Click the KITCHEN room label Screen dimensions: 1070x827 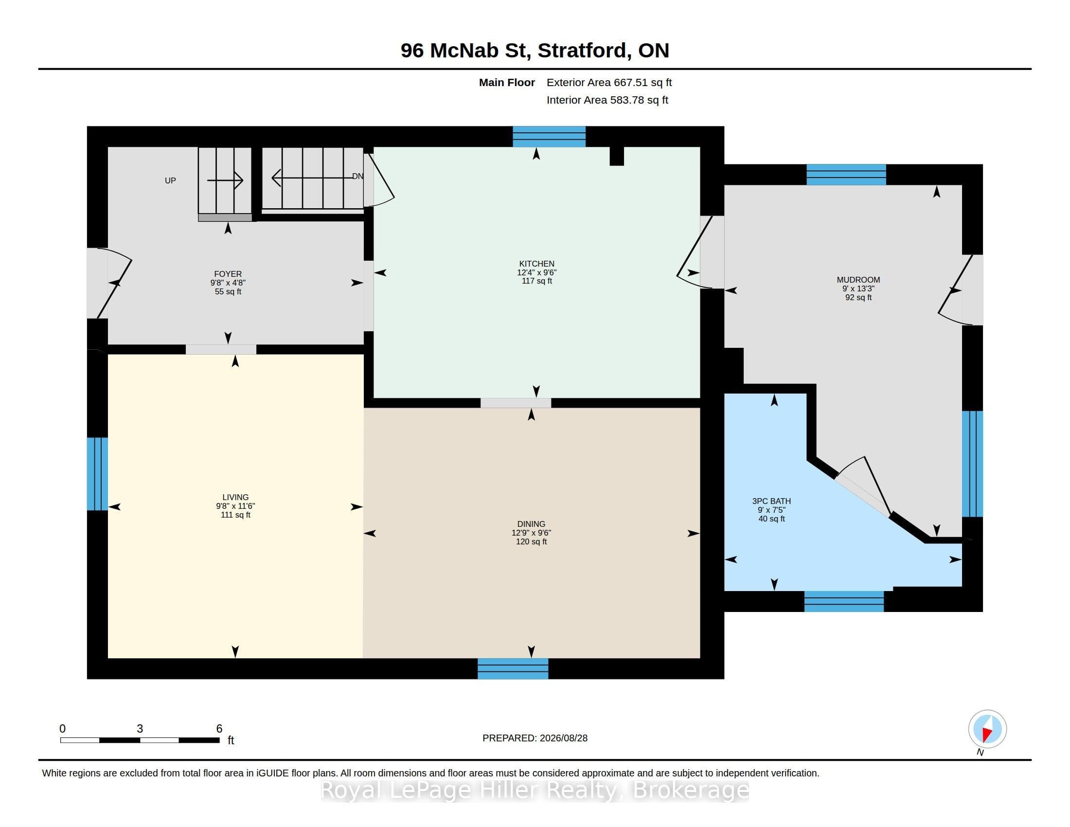(x=536, y=264)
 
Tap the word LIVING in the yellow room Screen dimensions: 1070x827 (x=235, y=497)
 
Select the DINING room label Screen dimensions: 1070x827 (x=531, y=524)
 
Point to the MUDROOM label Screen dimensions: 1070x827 (x=858, y=280)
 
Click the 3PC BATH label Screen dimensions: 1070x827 (x=771, y=501)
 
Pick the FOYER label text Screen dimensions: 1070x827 (x=228, y=274)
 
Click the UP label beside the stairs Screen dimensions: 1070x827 (x=170, y=180)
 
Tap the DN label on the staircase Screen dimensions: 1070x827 (x=357, y=176)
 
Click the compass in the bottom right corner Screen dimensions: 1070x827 (x=987, y=729)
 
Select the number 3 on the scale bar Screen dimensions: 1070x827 (x=140, y=729)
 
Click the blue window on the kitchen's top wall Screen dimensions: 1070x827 (x=549, y=137)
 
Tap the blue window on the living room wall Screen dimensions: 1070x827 (x=97, y=474)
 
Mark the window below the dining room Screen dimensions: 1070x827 (x=513, y=668)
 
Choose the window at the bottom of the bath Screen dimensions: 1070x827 (x=844, y=601)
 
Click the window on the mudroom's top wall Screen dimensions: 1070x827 (x=846, y=175)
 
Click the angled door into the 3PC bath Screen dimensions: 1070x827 (x=863, y=486)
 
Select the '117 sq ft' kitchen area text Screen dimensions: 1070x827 (x=536, y=281)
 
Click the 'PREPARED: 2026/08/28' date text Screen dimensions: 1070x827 (x=535, y=738)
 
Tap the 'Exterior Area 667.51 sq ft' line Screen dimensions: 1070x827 (x=609, y=82)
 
